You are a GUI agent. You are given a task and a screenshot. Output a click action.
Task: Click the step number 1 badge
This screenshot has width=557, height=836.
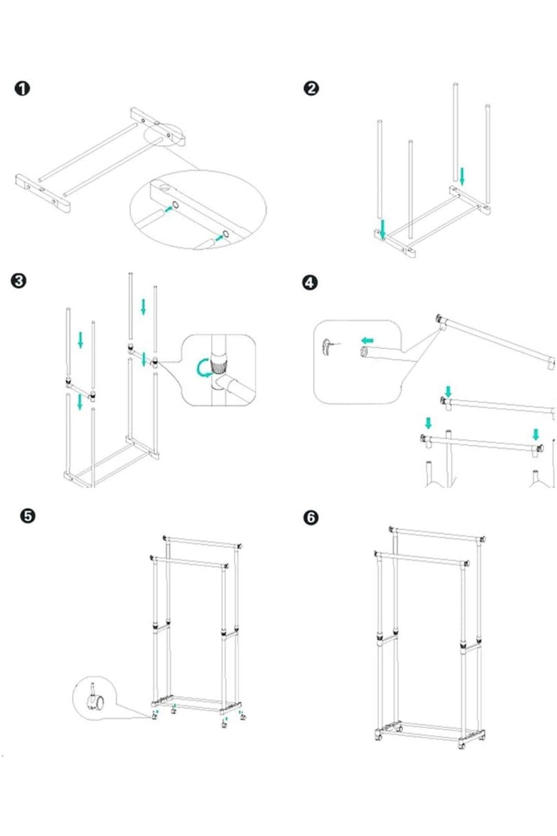pos(22,88)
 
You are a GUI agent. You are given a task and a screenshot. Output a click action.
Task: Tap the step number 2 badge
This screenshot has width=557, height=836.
pos(311,88)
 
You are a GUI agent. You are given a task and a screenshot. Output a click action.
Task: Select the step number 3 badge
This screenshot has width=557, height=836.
pos(19,281)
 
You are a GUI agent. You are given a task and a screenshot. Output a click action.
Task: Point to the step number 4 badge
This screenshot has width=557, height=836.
pos(310,282)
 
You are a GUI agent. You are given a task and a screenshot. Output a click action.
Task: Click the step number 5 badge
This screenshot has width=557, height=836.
pos(28,516)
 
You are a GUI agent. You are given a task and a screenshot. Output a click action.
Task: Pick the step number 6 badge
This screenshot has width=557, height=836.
pos(311,517)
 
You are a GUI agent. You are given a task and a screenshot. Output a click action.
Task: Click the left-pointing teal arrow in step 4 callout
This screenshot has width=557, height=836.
pos(368,340)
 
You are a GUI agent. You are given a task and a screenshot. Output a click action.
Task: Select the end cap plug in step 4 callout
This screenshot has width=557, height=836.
pos(327,347)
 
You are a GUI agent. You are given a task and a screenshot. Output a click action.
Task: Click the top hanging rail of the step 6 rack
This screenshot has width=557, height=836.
pos(436,535)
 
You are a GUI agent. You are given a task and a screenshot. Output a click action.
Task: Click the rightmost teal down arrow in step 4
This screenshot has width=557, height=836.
pos(536,435)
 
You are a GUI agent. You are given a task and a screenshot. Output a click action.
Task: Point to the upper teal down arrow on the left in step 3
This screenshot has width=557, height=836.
pos(81,340)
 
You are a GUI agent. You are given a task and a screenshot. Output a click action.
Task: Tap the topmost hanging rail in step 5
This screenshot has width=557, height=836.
pos(203,542)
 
